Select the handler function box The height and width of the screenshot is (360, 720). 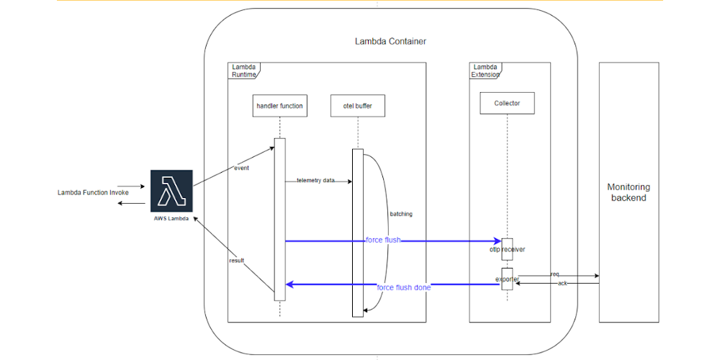coord(279,107)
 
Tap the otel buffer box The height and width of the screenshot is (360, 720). coord(357,107)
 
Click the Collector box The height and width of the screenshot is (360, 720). coord(507,103)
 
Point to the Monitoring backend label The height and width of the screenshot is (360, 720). coord(628,192)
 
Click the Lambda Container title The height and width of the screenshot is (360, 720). coord(390,41)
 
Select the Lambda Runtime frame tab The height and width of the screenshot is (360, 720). coord(243,70)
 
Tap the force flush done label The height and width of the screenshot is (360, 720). coord(403,287)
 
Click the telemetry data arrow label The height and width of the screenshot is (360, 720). coord(315,181)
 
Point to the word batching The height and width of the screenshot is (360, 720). coord(401,214)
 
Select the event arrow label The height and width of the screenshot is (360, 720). coord(241,168)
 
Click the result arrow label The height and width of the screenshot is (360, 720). coord(236,260)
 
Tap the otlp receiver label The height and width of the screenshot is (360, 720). coord(507,250)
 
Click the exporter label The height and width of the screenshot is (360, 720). coord(507,278)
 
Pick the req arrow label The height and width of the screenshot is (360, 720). coord(554,274)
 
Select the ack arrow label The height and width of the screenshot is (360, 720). coord(562,283)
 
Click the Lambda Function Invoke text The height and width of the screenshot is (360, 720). coord(93,193)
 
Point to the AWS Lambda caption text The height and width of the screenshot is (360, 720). coord(171,218)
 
